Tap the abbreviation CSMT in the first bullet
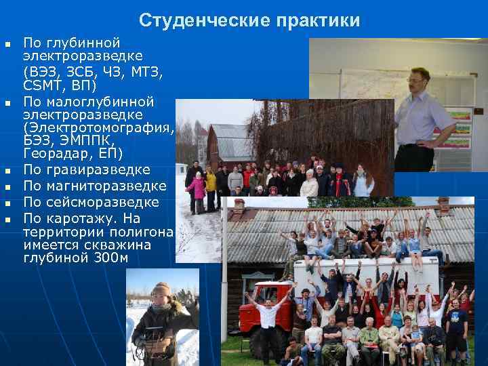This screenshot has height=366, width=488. coord(42,86)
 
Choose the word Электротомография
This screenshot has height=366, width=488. coord(98,127)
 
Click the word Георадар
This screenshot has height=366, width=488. coord(54,153)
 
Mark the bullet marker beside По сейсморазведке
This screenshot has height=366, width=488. coord(8,203)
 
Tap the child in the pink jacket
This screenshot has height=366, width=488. coord(198,188)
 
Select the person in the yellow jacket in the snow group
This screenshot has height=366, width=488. coord(211,182)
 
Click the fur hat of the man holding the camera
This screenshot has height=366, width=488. coord(161,289)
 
